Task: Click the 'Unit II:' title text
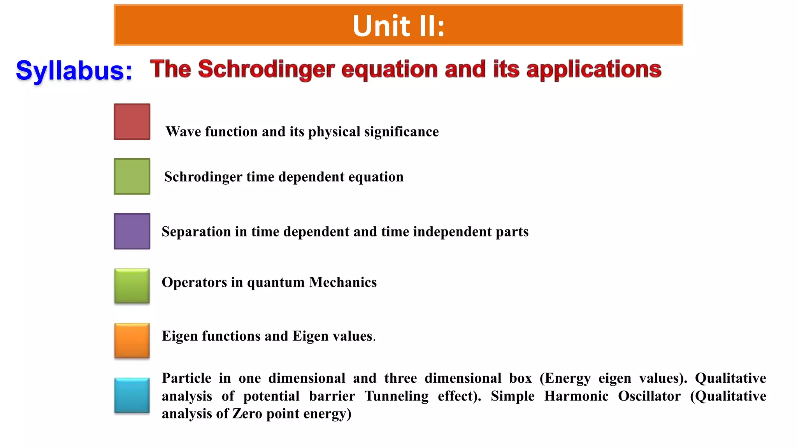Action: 398,26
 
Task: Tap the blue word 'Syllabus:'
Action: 74,71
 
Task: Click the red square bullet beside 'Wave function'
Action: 132,122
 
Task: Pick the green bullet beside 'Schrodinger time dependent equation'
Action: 132,177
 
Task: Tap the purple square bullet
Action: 132,231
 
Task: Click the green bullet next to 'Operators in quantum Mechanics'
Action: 132,286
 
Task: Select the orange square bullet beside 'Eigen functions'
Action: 132,341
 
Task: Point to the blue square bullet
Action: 132,395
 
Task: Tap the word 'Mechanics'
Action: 343,282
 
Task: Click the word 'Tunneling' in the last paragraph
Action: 396,396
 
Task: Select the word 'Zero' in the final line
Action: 247,414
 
